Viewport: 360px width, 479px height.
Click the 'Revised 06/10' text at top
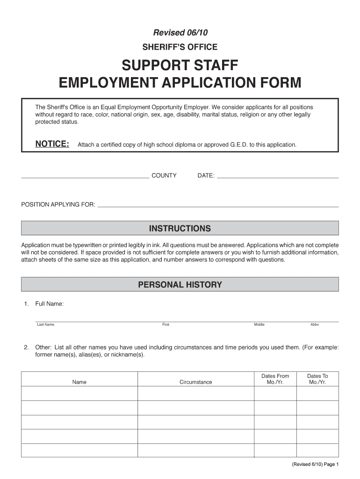(180, 33)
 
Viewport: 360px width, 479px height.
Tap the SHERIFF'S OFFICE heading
(180, 47)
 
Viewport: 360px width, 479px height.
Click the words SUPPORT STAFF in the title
(180, 65)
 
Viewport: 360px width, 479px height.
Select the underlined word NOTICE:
(52, 144)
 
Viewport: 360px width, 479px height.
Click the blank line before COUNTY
(85, 177)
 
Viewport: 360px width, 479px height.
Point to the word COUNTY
(164, 176)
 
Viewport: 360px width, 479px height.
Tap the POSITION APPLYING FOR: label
(58, 204)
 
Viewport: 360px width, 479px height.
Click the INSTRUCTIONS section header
(180, 229)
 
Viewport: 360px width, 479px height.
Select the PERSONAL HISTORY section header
(180, 285)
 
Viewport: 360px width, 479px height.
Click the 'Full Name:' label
(50, 304)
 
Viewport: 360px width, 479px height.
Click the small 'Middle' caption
(259, 325)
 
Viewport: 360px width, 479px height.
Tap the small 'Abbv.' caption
(315, 325)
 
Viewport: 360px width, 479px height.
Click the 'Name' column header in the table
(79, 382)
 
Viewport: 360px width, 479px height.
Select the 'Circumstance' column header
(195, 382)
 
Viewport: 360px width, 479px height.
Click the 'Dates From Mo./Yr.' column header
(275, 379)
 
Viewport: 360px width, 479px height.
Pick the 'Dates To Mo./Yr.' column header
(317, 379)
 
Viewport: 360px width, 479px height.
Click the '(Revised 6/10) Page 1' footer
(314, 464)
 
